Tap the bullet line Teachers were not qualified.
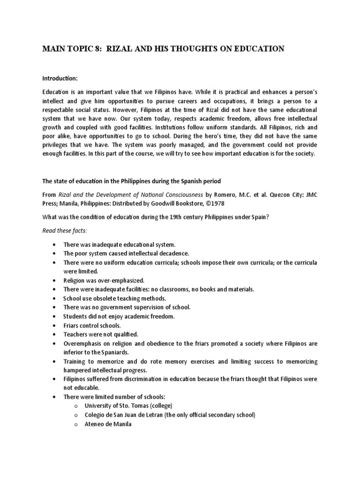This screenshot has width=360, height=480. tap(100, 334)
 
